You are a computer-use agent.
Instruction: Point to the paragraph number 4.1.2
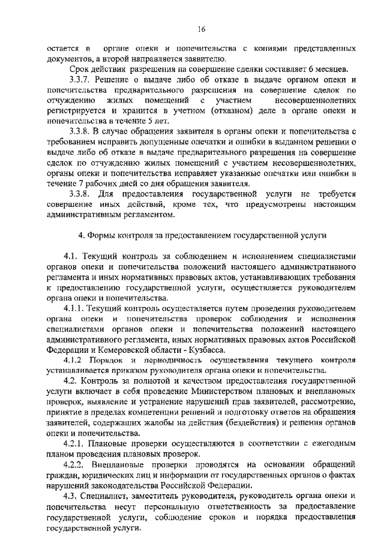(x=78, y=361)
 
